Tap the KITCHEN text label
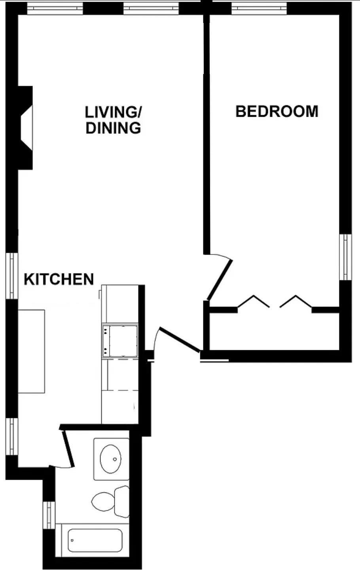(x=59, y=279)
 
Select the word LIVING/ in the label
(x=114, y=112)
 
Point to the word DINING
(x=114, y=128)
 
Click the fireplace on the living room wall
(x=26, y=128)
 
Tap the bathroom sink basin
(x=111, y=459)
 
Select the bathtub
(x=95, y=541)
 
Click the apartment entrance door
(x=179, y=339)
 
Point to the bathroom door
(x=68, y=447)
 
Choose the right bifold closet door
(x=296, y=302)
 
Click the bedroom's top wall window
(x=259, y=8)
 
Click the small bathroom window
(x=49, y=515)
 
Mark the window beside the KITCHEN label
(x=12, y=275)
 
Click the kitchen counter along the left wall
(x=31, y=351)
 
